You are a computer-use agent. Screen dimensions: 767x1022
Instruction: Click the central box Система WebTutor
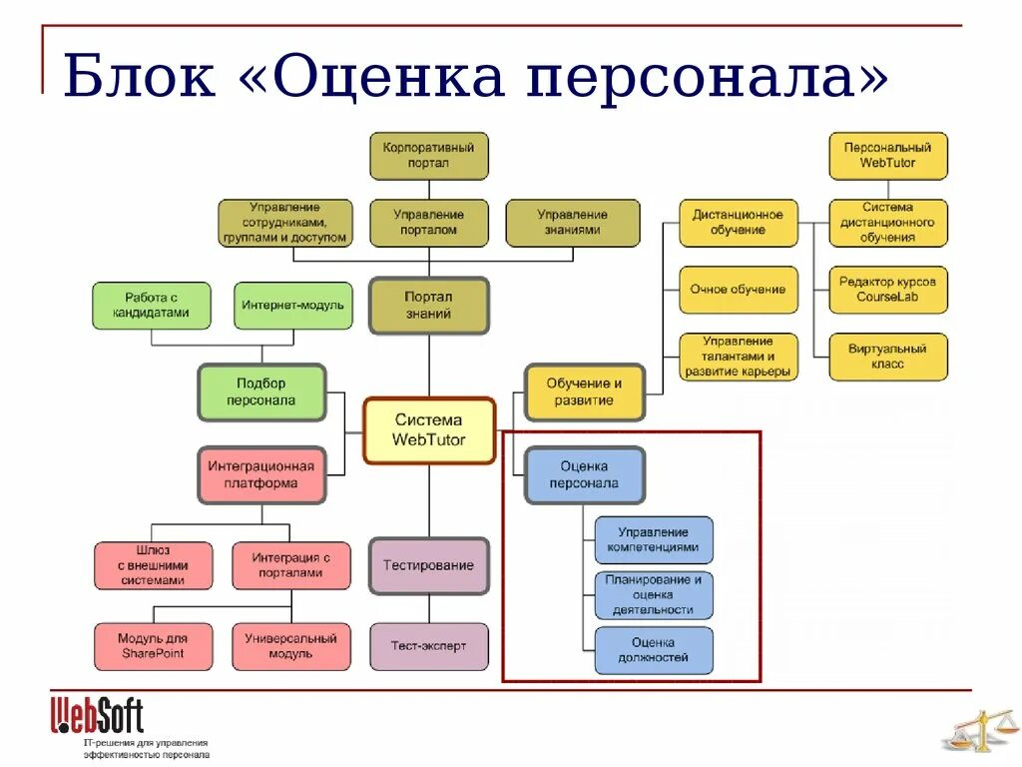pyautogui.click(x=429, y=431)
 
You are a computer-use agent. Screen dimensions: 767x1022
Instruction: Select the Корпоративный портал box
pyautogui.click(x=429, y=156)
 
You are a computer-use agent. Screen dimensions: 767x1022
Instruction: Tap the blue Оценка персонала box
pyautogui.click(x=584, y=474)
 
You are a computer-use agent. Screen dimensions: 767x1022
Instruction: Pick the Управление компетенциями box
pyautogui.click(x=654, y=540)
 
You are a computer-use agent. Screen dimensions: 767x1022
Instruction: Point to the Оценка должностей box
pyautogui.click(x=654, y=650)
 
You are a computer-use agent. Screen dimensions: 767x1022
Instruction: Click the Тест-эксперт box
pyautogui.click(x=429, y=646)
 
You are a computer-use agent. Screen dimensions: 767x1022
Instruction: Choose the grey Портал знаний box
pyautogui.click(x=429, y=305)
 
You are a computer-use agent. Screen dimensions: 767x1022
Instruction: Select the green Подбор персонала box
pyautogui.click(x=261, y=391)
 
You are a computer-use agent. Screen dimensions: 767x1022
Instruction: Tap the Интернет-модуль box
pyautogui.click(x=293, y=306)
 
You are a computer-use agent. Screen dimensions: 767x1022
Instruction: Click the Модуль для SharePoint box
pyautogui.click(x=153, y=646)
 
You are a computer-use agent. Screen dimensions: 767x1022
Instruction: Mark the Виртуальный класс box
pyautogui.click(x=887, y=357)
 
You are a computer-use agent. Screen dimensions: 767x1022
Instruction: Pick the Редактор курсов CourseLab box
pyautogui.click(x=887, y=290)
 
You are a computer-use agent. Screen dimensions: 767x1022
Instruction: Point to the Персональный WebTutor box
pyautogui.click(x=887, y=156)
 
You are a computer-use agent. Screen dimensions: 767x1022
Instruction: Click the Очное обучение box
pyautogui.click(x=738, y=290)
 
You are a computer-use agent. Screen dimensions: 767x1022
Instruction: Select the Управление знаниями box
pyautogui.click(x=572, y=223)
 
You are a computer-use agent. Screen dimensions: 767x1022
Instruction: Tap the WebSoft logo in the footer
pyautogui.click(x=97, y=715)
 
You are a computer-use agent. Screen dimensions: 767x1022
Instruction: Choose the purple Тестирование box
pyautogui.click(x=429, y=565)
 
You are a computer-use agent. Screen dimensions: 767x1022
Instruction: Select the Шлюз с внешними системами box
pyautogui.click(x=153, y=565)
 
